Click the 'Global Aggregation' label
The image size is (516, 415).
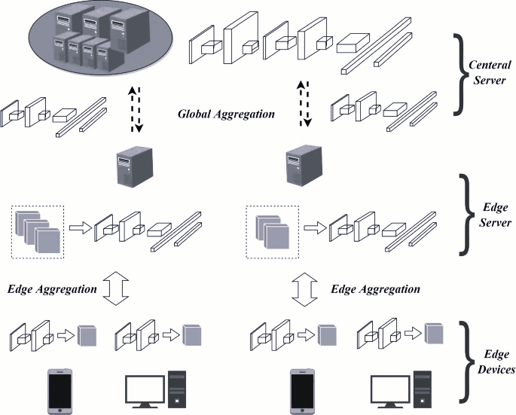224,115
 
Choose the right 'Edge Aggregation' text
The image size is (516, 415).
376,288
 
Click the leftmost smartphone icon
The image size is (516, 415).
60,389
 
